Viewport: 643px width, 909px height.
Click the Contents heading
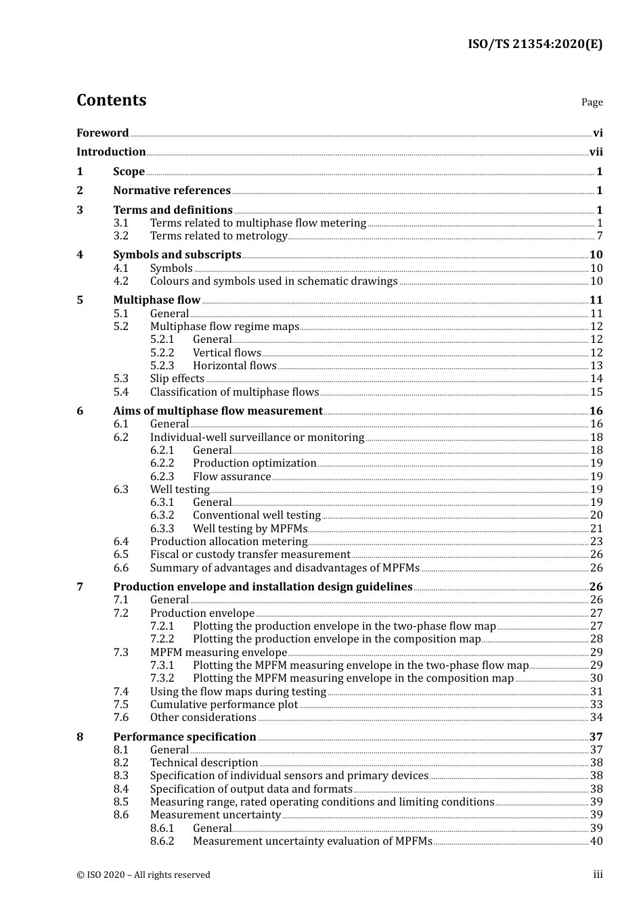point(111,100)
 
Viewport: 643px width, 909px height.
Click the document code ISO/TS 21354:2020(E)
point(535,44)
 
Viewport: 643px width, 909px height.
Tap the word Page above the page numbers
point(592,102)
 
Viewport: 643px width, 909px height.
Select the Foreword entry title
point(102,133)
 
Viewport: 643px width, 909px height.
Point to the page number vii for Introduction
point(596,152)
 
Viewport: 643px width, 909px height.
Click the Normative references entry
point(172,191)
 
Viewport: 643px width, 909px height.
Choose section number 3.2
point(120,236)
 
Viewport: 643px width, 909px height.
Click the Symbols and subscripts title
point(177,255)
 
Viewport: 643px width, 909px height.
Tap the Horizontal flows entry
point(234,366)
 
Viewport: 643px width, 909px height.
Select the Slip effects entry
point(177,379)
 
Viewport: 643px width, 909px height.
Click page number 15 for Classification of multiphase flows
point(596,392)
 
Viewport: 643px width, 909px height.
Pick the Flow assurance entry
point(231,477)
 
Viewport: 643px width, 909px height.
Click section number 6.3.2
point(162,515)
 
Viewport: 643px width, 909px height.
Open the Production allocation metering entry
point(228,542)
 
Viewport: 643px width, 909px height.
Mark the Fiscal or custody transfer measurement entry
point(250,555)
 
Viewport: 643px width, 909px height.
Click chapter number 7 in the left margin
point(80,587)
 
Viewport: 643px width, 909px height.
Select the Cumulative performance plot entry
point(223,705)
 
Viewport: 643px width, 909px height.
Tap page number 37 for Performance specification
point(596,737)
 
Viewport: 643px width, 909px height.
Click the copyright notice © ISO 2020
point(143,875)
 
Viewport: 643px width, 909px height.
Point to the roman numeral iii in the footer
point(598,875)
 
